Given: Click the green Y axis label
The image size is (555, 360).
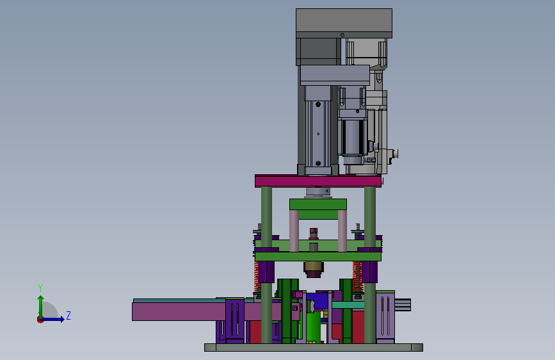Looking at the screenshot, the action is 40,288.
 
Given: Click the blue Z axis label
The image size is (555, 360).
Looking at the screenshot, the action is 68,315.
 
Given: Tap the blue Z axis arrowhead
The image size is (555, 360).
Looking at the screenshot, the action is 62,319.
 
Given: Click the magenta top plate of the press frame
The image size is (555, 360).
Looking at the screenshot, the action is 318,181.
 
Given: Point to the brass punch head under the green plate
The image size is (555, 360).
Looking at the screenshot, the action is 314,269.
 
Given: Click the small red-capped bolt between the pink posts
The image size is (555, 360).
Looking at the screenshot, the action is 313,231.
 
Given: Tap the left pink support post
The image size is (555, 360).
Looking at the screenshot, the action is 294,231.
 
